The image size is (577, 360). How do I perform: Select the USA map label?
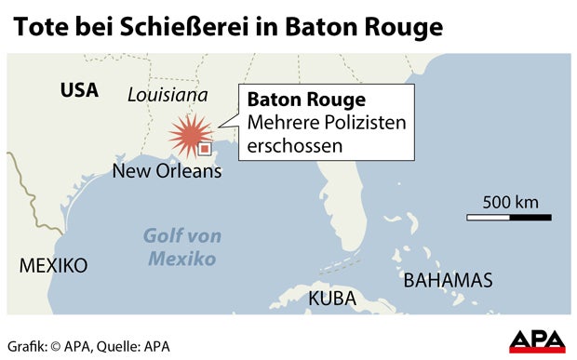(78, 90)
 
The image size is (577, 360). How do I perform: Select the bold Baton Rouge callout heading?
(301, 100)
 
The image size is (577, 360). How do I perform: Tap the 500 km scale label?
(511, 202)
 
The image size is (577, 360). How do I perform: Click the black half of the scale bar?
(530, 218)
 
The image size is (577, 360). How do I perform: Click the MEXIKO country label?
(53, 266)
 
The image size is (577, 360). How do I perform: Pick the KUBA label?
(332, 299)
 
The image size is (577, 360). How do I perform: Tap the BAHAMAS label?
(447, 279)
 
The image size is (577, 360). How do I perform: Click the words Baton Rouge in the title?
(369, 27)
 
